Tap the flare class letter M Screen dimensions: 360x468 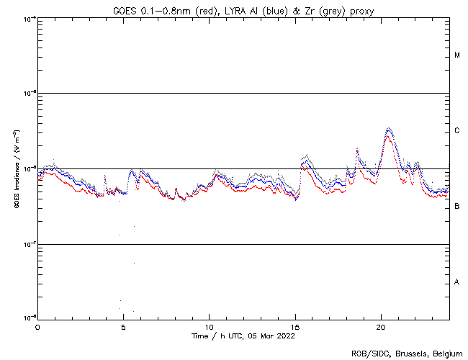[x=457, y=55]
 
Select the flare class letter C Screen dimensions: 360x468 [x=457, y=131]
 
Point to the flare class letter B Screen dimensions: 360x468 [x=457, y=207]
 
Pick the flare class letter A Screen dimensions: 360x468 [x=457, y=282]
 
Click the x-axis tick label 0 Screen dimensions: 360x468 [x=37, y=326]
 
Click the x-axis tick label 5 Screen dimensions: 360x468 [x=123, y=326]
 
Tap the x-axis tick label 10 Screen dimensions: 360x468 [x=209, y=326]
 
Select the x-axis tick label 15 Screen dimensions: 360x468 [x=295, y=326]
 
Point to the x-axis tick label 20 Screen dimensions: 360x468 [x=381, y=326]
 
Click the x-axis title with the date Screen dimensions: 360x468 [x=243, y=336]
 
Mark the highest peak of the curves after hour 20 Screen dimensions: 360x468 [x=389, y=128]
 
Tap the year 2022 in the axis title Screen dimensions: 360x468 [x=285, y=336]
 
